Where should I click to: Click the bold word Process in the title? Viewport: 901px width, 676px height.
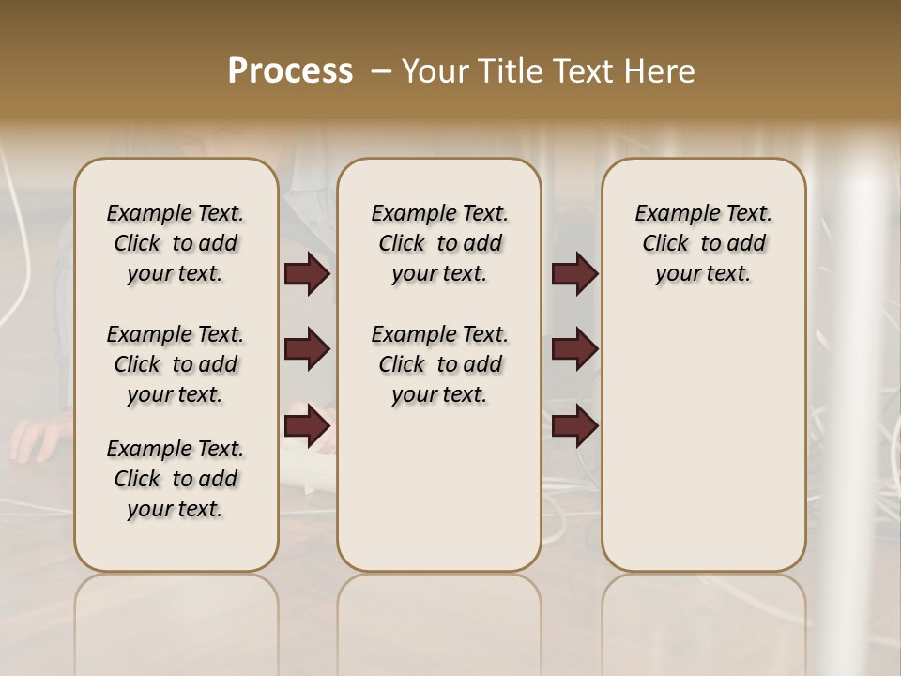[x=290, y=71]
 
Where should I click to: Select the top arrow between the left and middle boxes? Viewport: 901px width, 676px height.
[x=307, y=274]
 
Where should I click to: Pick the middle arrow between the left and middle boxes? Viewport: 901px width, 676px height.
[x=307, y=350]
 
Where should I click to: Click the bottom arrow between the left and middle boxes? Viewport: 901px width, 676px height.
[x=307, y=426]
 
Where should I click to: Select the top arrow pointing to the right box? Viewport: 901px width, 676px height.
[x=574, y=274]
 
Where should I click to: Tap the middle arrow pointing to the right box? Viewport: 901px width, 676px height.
[x=574, y=350]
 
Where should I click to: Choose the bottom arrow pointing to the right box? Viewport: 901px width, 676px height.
[x=574, y=426]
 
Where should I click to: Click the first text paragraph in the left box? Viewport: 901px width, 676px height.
[x=176, y=243]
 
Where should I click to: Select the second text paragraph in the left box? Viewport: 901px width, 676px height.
[x=176, y=364]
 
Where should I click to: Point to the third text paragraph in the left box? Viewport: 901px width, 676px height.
[x=176, y=479]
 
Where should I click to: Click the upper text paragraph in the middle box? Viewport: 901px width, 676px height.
[x=439, y=243]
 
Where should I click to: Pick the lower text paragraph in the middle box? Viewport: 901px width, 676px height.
[x=439, y=364]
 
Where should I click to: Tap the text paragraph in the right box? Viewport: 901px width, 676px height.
[x=703, y=243]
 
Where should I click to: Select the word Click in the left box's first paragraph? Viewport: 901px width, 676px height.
[x=137, y=244]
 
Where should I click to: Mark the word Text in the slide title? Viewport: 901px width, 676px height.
[x=576, y=71]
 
